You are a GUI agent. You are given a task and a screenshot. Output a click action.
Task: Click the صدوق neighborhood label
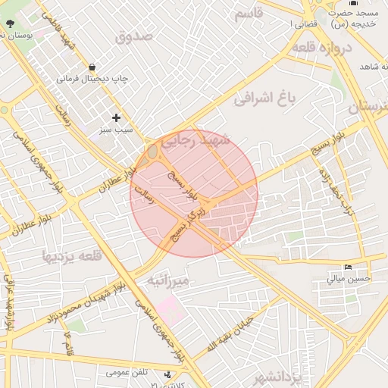[134, 36]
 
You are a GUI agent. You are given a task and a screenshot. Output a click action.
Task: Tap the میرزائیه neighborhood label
[171, 281]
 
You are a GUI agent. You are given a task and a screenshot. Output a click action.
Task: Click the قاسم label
[249, 13]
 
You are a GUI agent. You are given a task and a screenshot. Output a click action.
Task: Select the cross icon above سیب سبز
[116, 117]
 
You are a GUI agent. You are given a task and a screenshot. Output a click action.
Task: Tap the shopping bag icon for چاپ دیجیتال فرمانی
[92, 67]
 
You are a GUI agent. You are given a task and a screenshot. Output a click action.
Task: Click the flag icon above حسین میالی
[348, 267]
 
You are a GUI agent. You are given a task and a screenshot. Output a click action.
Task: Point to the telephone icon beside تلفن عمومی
[167, 374]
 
